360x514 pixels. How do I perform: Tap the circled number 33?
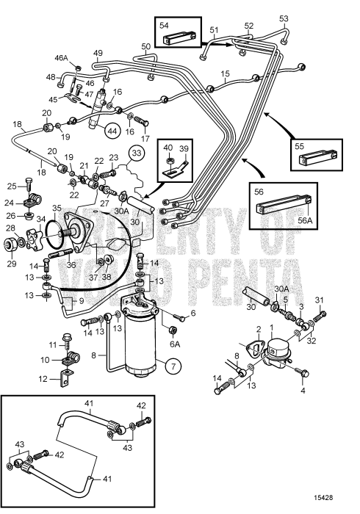pyautogui.click(x=136, y=153)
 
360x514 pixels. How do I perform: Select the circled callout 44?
pyautogui.click(x=112, y=131)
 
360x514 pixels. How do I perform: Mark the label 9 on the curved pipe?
pyautogui.click(x=60, y=300)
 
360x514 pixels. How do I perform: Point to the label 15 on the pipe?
pyautogui.click(x=226, y=74)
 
